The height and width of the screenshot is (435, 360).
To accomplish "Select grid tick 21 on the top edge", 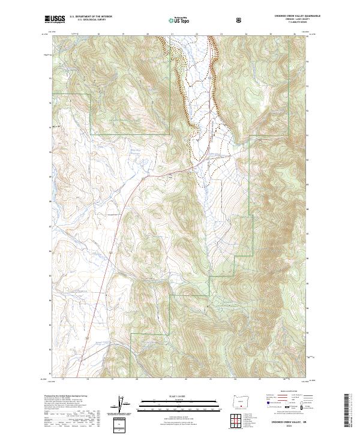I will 172,35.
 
